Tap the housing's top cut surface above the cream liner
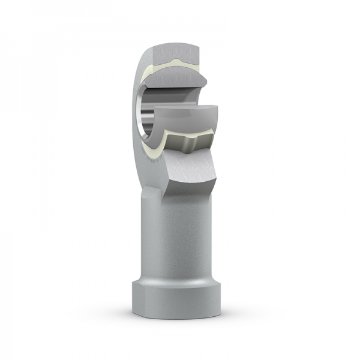(174, 50)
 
